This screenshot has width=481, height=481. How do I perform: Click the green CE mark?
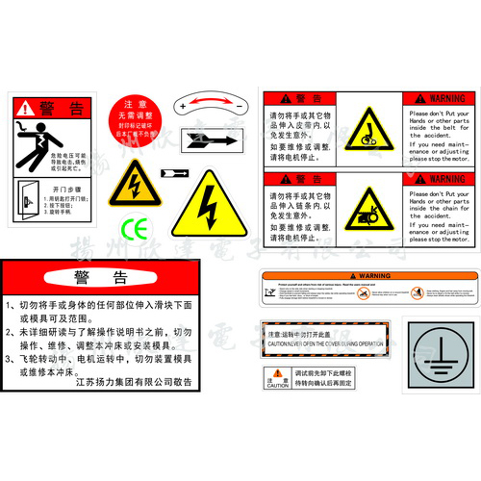click(134, 228)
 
